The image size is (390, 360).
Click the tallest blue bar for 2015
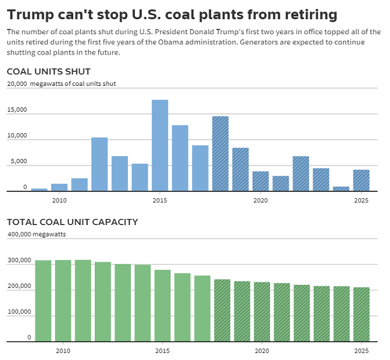coord(160,145)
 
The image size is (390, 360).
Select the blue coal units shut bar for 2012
coord(100,164)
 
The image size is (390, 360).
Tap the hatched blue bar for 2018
coord(220,154)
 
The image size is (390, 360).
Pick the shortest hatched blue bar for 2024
coord(341,189)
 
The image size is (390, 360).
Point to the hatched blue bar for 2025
coord(361,181)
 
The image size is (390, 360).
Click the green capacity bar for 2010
coord(63,301)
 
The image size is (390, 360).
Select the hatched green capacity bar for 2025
coord(361,314)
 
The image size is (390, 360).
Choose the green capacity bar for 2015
coord(163,305)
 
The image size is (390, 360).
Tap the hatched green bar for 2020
coord(262,311)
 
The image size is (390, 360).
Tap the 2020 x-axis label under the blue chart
coord(260,200)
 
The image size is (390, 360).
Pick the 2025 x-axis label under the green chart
coord(361,350)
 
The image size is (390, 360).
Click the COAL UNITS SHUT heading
coord(49,72)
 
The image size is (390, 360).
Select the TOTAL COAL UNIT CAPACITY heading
coord(72,222)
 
